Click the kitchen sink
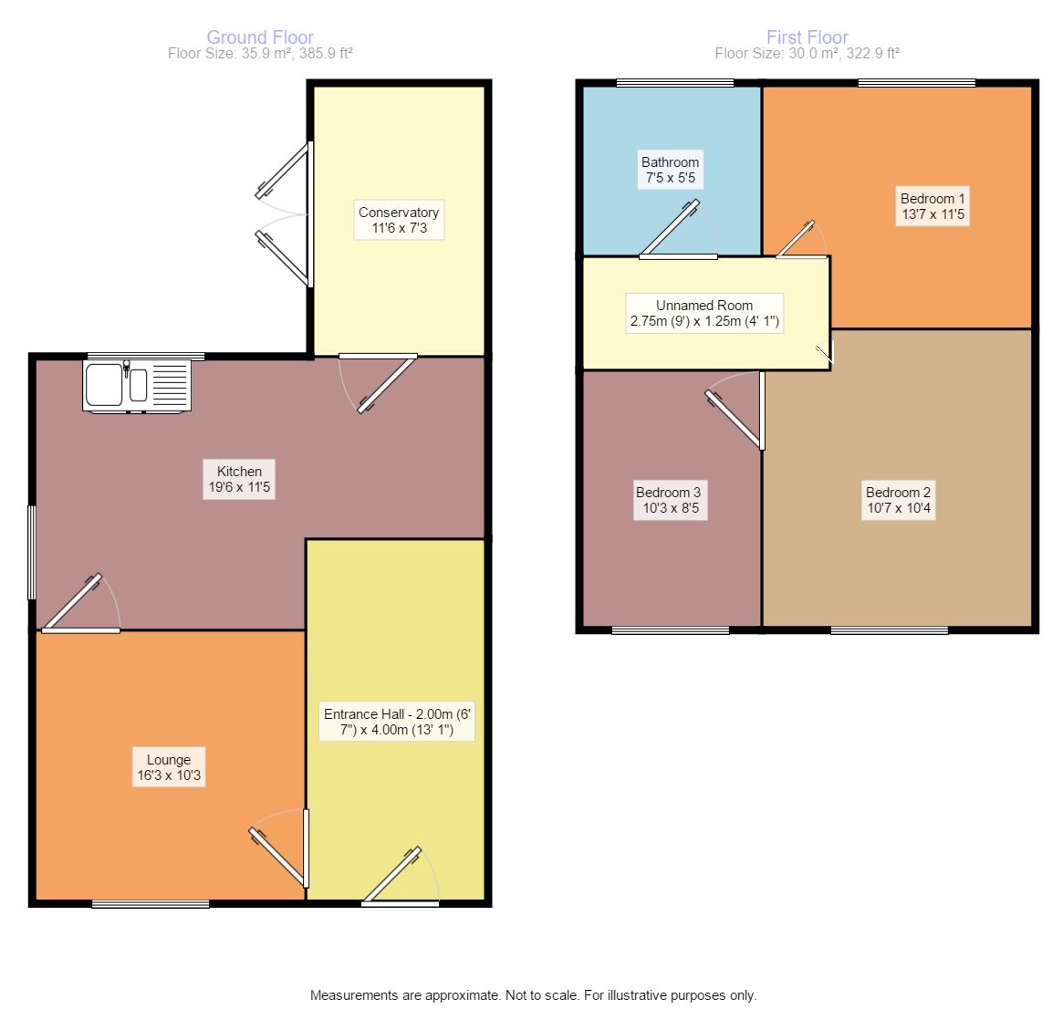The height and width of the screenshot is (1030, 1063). coord(137,386)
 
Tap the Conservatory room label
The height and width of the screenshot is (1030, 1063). coord(399,220)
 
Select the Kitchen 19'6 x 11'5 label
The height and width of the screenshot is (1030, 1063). coord(239,479)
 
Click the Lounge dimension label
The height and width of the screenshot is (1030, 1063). coord(169,767)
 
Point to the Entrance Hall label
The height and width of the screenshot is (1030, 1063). coord(397,722)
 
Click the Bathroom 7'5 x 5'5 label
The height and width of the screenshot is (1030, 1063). coord(671,170)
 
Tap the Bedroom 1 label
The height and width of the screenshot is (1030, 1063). coord(933,206)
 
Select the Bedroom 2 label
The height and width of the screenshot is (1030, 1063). coord(898,500)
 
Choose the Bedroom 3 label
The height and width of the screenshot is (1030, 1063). coord(671,500)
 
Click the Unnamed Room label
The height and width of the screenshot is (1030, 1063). coord(704,313)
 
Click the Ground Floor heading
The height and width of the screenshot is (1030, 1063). coord(260,37)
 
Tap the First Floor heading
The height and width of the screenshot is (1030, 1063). coord(807,37)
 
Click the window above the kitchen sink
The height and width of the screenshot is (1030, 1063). coord(146,357)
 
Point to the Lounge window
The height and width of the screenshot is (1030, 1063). coord(151,903)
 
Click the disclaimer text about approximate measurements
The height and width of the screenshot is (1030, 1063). coord(533,994)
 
